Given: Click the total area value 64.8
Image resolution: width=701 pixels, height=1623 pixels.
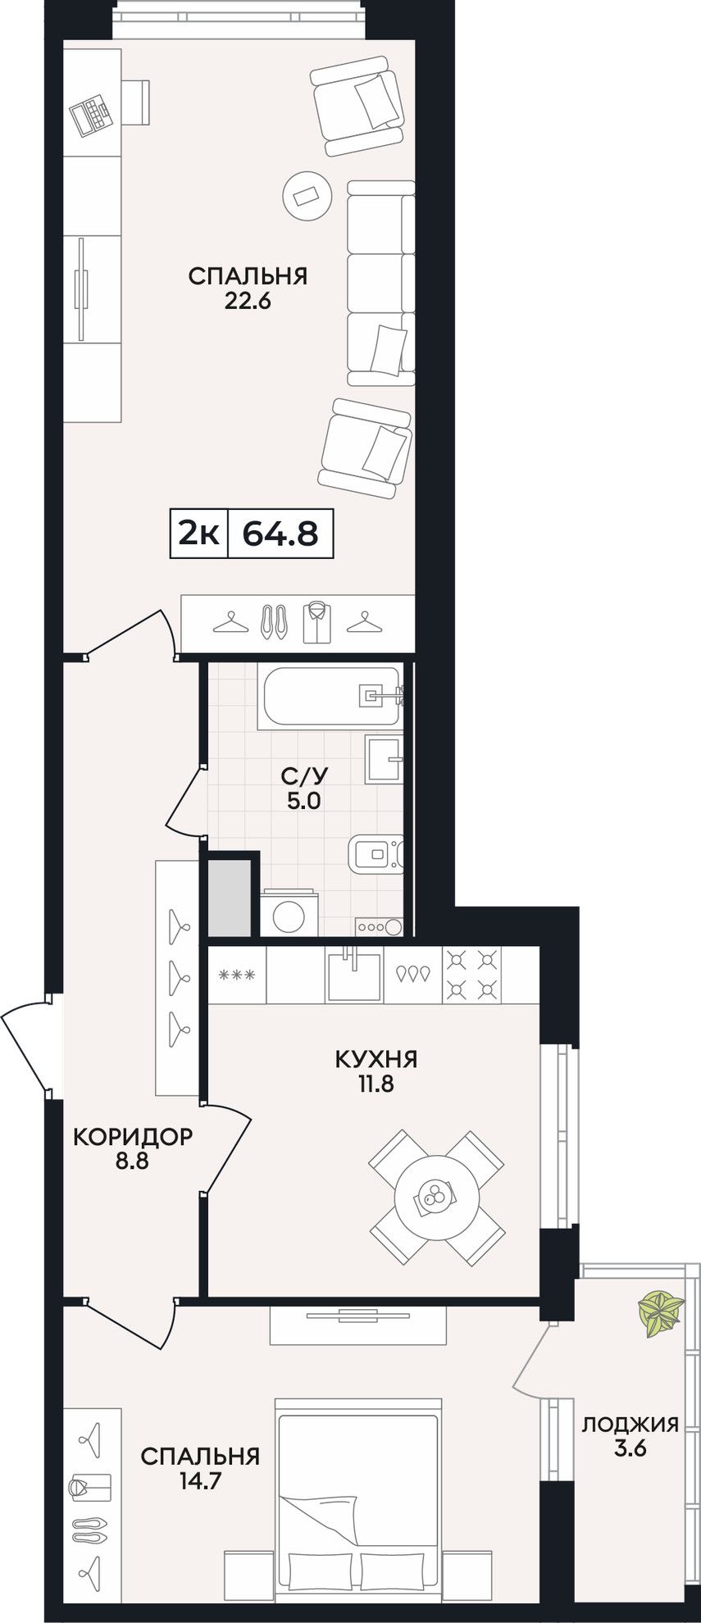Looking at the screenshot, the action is point(280,534).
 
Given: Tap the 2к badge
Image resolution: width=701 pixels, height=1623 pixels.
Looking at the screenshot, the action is point(199,534).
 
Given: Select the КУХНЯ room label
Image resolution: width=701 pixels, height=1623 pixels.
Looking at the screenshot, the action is point(376,1059).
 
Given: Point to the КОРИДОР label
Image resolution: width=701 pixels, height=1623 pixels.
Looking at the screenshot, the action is point(133,1137).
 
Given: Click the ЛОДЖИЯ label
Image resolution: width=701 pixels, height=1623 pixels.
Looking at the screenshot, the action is point(630,1424).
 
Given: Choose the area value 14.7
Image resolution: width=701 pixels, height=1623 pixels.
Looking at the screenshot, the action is point(200,1480).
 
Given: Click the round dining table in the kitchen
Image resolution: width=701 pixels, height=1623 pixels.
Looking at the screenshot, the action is point(436,1198).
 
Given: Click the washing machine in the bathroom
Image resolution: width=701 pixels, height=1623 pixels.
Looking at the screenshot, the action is point(289,913).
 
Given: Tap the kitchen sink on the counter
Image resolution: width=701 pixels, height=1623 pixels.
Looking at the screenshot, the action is point(354,976).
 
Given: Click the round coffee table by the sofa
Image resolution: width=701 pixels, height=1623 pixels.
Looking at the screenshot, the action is point(307,195).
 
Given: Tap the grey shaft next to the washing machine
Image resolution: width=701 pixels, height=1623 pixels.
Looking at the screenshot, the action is point(230,897).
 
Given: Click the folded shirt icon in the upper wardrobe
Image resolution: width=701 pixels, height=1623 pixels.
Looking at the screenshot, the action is point(316,622).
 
